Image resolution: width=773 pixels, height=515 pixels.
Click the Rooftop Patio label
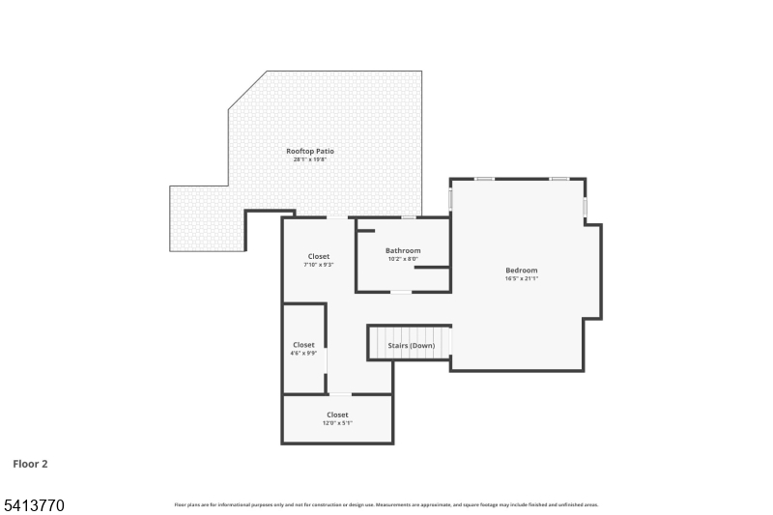tap(310, 151)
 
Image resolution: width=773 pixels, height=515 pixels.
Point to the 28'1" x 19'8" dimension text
tap(310, 159)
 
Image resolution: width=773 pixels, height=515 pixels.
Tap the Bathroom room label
tap(403, 250)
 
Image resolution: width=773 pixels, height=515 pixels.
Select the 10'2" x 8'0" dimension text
tap(403, 259)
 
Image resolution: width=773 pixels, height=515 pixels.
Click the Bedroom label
tap(521, 270)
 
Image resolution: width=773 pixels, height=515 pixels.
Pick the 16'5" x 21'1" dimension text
tap(521, 278)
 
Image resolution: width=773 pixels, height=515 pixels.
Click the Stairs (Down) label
tap(412, 345)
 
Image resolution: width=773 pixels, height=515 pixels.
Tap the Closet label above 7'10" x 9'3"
tap(319, 256)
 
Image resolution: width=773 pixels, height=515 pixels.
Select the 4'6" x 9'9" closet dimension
tap(303, 354)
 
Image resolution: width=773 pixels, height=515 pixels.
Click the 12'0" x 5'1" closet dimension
tap(337, 423)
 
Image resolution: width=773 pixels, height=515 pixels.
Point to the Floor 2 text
tap(30, 464)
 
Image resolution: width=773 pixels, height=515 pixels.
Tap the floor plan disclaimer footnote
tap(386, 504)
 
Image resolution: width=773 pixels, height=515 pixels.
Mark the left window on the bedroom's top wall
tap(485, 179)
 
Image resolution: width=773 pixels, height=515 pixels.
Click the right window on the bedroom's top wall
tap(558, 179)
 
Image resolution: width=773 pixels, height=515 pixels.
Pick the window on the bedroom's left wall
tap(450, 198)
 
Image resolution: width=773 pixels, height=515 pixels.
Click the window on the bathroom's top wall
tap(409, 217)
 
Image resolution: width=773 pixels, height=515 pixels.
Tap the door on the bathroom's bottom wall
tap(400, 292)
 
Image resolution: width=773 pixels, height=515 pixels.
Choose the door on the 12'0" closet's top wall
tap(340, 394)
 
